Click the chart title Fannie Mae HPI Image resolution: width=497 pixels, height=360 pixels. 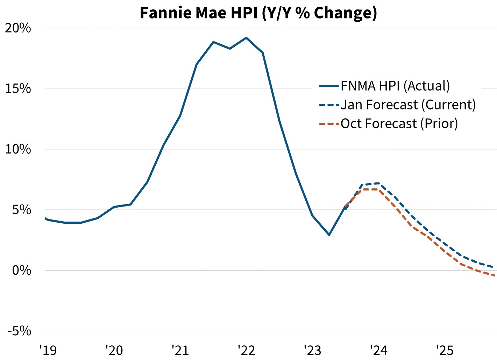click(x=258, y=13)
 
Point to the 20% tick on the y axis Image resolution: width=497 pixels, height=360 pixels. click(x=18, y=28)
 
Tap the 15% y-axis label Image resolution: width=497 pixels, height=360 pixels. click(x=18, y=89)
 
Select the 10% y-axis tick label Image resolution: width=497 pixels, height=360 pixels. click(x=18, y=149)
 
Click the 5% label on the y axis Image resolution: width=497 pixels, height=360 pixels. click(x=21, y=210)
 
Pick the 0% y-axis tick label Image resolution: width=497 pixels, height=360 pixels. click(x=21, y=271)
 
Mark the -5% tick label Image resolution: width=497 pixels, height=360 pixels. click(x=20, y=331)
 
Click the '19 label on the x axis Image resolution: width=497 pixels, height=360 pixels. click(x=48, y=350)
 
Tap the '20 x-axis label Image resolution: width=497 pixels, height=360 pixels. click(x=114, y=350)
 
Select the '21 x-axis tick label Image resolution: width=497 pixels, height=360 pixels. click(x=180, y=350)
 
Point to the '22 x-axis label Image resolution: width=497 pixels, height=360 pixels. click(x=246, y=350)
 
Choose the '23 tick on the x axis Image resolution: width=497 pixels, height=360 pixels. click(x=312, y=350)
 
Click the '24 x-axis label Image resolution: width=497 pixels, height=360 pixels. click(x=378, y=350)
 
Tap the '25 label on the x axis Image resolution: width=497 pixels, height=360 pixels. click(x=445, y=350)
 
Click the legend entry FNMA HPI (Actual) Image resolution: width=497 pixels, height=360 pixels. click(x=395, y=86)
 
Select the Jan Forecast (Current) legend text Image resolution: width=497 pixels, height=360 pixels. click(x=408, y=105)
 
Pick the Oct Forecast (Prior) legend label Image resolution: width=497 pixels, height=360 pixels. click(x=399, y=124)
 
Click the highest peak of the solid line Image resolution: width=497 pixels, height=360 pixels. click(x=246, y=38)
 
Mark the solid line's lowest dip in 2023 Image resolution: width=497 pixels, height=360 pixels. click(x=329, y=235)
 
